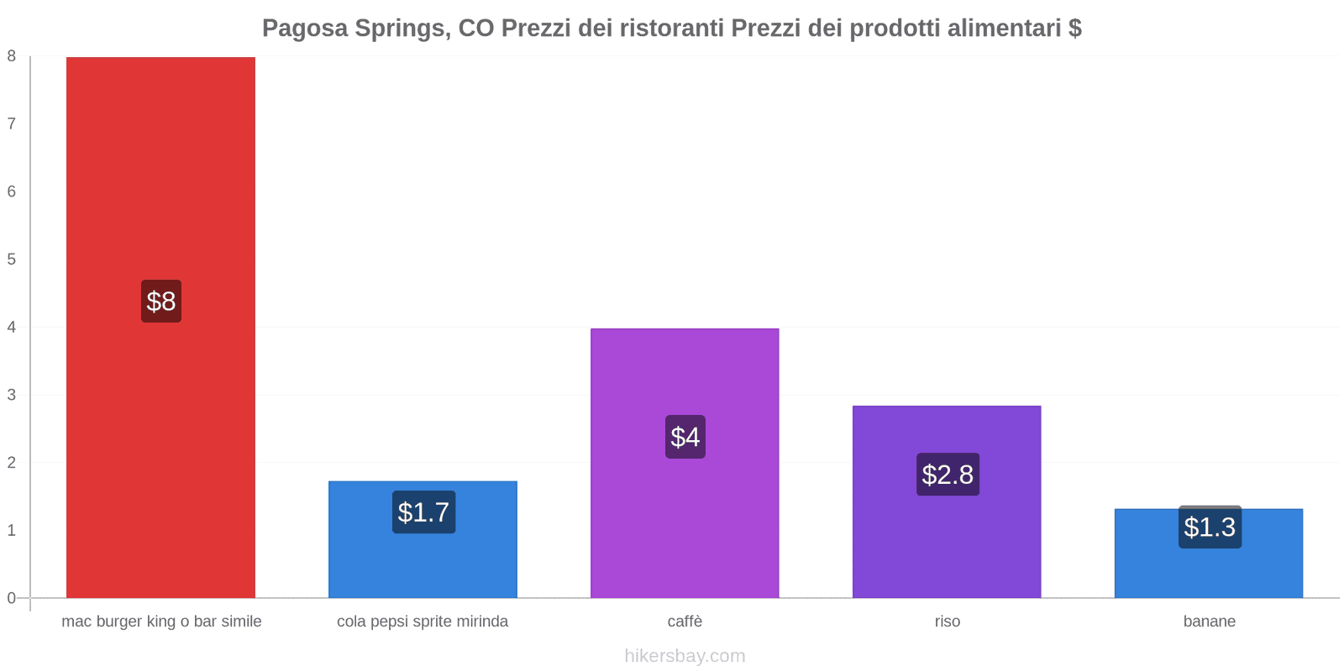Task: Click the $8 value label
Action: pyautogui.click(x=161, y=301)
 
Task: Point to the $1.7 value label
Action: pyautogui.click(x=423, y=512)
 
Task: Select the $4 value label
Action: pyautogui.click(x=685, y=437)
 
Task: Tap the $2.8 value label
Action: pyautogui.click(x=948, y=475)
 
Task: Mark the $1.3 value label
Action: pyautogui.click(x=1210, y=528)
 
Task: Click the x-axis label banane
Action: pyautogui.click(x=1209, y=622)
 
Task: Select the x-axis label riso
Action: pyautogui.click(x=947, y=622)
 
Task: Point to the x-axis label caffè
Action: pyautogui.click(x=685, y=622)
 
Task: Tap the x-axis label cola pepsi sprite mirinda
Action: pyautogui.click(x=423, y=622)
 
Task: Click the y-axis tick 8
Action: pyautogui.click(x=12, y=56)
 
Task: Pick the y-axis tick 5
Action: pyautogui.click(x=12, y=260)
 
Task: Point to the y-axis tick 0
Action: pyautogui.click(x=12, y=598)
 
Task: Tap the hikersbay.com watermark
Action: pyautogui.click(x=685, y=656)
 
